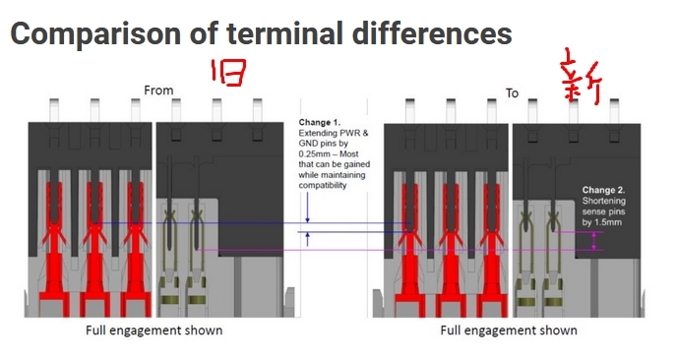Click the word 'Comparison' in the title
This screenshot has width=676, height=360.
click(95, 34)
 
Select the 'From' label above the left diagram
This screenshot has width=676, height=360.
click(158, 90)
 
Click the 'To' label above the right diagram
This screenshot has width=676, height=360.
click(513, 93)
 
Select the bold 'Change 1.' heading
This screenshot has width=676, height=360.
click(320, 122)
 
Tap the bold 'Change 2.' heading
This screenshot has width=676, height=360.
click(603, 190)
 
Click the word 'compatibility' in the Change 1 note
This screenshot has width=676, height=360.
click(323, 186)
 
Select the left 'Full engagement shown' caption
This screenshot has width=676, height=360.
click(154, 330)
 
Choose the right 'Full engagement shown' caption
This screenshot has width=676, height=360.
click(509, 330)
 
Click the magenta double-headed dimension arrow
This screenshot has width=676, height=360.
click(594, 241)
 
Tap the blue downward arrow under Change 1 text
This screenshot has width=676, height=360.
click(307, 208)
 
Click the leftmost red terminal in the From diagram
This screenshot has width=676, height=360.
click(54, 250)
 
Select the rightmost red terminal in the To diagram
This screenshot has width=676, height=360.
click(492, 251)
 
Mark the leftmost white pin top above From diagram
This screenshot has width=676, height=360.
click(54, 110)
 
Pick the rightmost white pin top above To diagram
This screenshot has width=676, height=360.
click(614, 111)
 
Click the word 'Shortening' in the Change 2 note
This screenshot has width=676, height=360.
click(603, 201)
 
